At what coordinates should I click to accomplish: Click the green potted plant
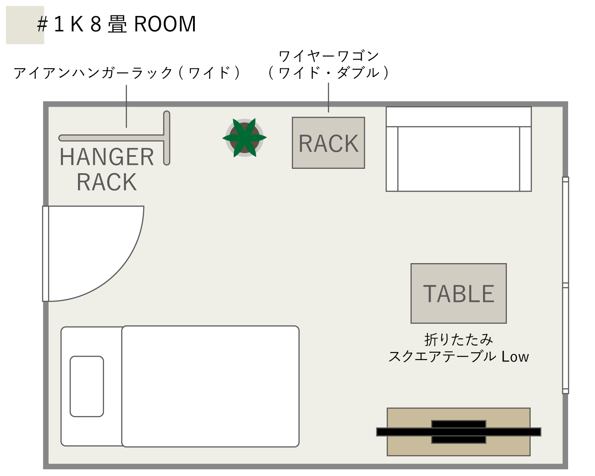245,138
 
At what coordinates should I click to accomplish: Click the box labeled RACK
328,143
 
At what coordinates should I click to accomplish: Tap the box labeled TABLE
458,294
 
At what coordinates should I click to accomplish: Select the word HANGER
107,157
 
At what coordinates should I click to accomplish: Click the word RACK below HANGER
107,182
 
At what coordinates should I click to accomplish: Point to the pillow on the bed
87,386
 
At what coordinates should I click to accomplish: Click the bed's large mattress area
210,386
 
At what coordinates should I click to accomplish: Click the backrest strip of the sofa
458,117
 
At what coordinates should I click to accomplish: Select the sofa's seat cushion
458,159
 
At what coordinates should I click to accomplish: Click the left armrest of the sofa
392,159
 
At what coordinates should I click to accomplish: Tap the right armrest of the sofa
525,159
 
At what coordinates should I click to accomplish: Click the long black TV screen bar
458,432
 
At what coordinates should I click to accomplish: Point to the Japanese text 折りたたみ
458,339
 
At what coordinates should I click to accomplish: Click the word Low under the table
515,357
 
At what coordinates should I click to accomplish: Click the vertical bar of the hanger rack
167,138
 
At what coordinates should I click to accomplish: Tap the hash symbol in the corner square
41,25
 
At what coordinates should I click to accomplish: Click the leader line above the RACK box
328,97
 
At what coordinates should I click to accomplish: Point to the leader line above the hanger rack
126,106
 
